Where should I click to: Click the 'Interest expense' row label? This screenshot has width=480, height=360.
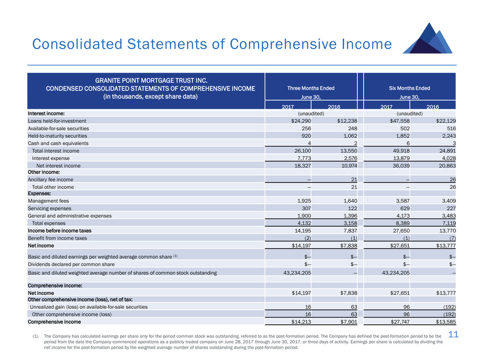coord(50,158)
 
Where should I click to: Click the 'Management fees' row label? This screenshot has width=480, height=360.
coord(48,201)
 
